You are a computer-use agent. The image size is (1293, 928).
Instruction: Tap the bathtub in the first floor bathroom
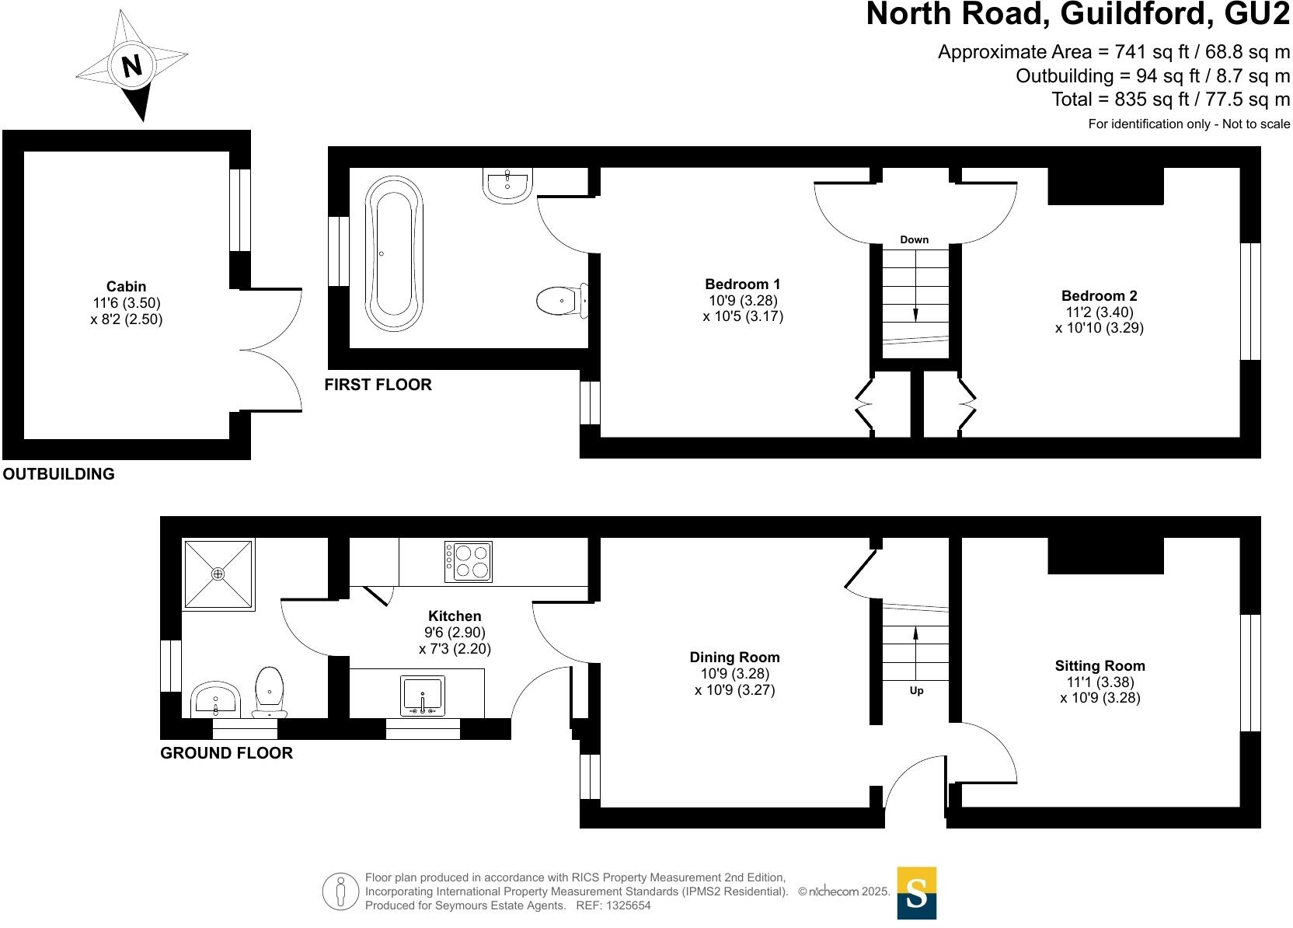[395, 253]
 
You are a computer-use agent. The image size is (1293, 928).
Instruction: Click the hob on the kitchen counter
[469, 561]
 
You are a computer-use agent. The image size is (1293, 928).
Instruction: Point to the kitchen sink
[423, 695]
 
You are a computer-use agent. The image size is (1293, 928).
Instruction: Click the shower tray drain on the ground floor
[218, 574]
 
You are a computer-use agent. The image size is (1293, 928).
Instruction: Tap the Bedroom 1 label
[742, 284]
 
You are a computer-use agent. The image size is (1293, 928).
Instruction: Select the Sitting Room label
[1100, 665]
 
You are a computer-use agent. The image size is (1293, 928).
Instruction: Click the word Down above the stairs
[914, 239]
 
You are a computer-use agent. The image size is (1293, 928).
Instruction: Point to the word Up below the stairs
[916, 690]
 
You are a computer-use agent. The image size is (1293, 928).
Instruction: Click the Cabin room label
[126, 286]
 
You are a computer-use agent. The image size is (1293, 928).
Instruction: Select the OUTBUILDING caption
[59, 474]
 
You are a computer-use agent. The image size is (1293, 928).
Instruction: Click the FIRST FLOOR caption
[378, 385]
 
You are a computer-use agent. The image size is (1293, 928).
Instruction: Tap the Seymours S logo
[916, 893]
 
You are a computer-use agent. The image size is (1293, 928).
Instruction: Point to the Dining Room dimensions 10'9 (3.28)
[734, 674]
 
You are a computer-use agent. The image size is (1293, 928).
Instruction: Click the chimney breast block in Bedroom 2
[1105, 186]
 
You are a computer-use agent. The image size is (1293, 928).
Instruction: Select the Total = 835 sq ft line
[1170, 99]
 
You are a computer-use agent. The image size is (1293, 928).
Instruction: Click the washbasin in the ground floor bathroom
[214, 699]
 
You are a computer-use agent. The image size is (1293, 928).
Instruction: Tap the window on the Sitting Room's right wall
[1249, 673]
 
